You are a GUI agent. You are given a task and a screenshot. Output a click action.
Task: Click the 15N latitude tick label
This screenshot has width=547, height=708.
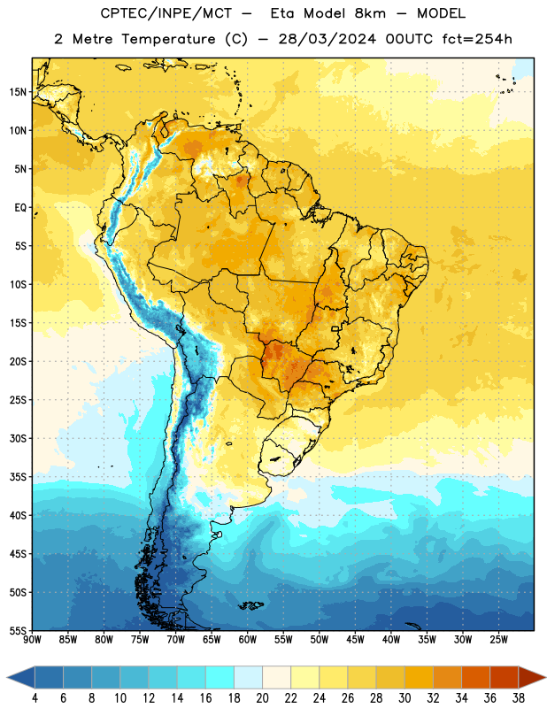[x=18, y=92]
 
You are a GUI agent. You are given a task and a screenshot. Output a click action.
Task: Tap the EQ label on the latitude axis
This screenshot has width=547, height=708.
[x=20, y=208]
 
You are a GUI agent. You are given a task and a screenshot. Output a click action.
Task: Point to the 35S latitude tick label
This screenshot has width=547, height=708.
[x=18, y=477]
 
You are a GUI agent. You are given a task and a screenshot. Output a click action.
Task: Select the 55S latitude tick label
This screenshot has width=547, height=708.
[x=18, y=630]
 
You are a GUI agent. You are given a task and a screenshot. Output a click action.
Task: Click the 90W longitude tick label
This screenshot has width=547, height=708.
[x=32, y=640]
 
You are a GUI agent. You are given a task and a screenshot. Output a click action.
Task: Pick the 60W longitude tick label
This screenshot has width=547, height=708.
[x=248, y=640]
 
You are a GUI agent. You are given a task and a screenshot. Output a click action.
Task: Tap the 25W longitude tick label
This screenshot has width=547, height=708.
[x=498, y=640]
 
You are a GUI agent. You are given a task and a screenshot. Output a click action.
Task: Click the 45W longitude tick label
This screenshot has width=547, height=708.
[x=355, y=640]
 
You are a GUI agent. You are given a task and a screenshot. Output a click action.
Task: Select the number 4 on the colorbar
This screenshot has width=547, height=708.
[x=35, y=698]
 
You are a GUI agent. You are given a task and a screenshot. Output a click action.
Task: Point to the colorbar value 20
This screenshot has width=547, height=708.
[x=262, y=698]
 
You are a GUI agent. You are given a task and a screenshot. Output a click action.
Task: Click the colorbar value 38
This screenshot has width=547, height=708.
[x=519, y=698]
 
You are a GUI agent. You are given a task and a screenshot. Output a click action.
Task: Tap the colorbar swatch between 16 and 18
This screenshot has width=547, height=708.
[x=220, y=677]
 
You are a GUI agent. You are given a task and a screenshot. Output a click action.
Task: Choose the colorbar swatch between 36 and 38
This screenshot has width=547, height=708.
[x=505, y=677]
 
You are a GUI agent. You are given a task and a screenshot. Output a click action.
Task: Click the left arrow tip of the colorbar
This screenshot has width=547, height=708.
[x=7, y=678]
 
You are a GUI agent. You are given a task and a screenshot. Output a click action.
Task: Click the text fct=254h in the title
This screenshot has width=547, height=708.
[x=477, y=39]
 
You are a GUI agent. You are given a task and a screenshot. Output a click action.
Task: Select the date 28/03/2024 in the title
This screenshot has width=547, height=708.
[x=327, y=39]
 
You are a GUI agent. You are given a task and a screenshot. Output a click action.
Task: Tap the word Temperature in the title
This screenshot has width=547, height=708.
[x=168, y=39]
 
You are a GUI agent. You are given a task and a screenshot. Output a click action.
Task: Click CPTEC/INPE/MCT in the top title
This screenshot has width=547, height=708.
[x=166, y=13]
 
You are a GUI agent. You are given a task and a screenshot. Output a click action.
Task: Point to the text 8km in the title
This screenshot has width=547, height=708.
[x=370, y=13]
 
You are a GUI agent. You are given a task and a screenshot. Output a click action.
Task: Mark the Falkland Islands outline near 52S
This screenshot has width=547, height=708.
[x=250, y=605]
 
